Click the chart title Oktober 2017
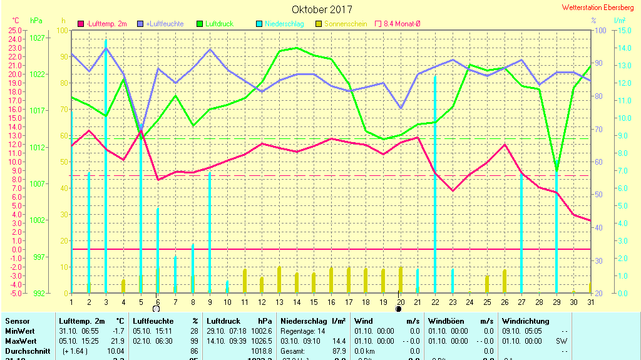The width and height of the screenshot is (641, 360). pos(322,9)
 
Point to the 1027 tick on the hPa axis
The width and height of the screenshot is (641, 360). pos(37,38)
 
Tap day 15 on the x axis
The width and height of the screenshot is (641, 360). pos(314,303)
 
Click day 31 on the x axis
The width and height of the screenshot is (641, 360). pos(590,303)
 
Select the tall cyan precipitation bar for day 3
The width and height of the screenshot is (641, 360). pos(106,166)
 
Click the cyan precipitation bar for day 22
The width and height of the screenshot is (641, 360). pos(435,184)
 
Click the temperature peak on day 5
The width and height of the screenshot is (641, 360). pos(141,131)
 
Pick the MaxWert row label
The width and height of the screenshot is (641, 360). pos(19,341)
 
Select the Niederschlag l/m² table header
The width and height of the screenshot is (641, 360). pos(314,321)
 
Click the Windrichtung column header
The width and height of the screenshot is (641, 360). pos(525,321)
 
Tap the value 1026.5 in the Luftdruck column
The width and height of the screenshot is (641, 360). pos(262,341)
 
